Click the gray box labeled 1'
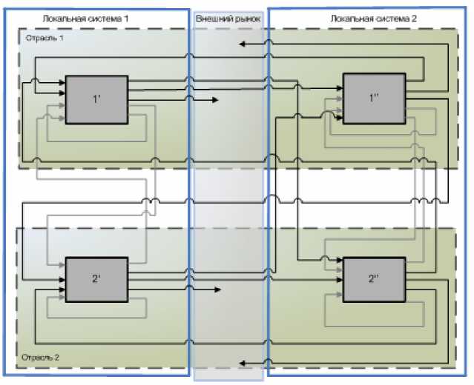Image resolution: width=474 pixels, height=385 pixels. [96, 99]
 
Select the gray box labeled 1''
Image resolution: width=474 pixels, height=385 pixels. [374, 98]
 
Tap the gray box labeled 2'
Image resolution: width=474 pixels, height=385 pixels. [96, 279]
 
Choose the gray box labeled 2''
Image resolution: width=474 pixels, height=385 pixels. [374, 279]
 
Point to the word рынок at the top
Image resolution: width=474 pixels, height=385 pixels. [247, 17]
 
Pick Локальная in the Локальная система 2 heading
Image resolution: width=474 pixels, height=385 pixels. [349, 16]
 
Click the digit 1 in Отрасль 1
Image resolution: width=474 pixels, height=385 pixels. [61, 37]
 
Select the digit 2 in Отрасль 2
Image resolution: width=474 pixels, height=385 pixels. [61, 356]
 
